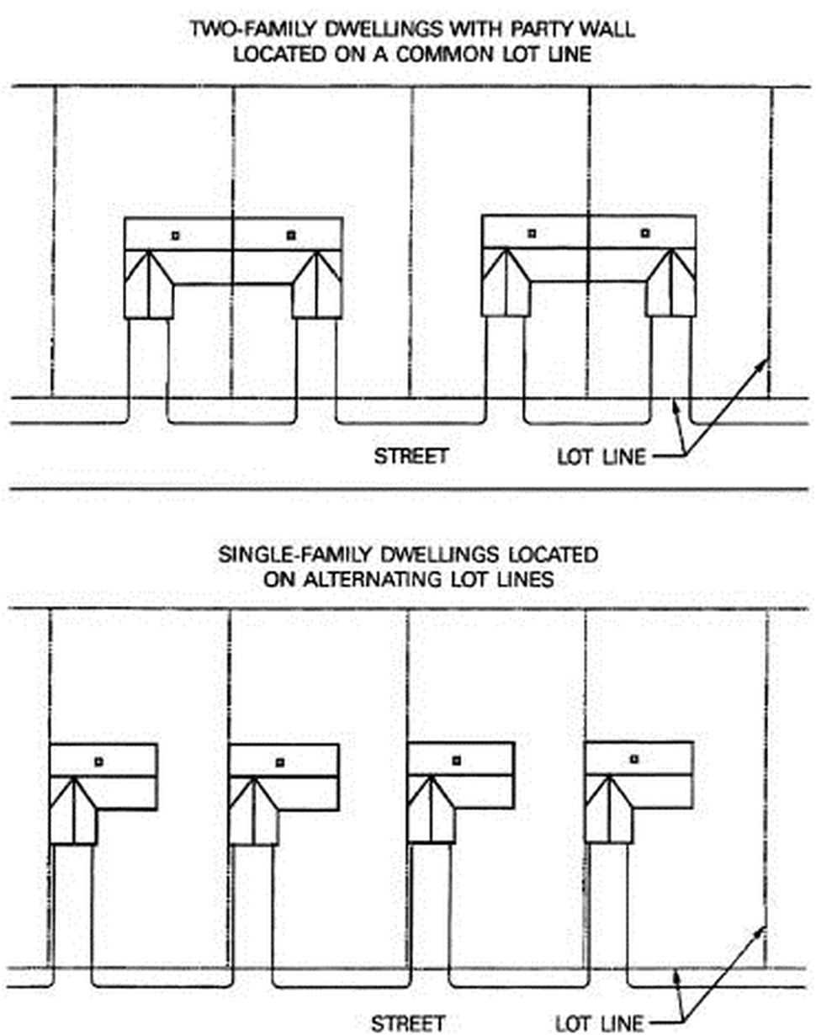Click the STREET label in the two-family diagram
click(x=411, y=457)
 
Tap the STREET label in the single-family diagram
click(x=408, y=1023)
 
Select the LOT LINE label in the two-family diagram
click(x=601, y=458)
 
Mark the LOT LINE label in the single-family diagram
click(x=600, y=1023)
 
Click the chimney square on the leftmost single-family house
click(x=98, y=762)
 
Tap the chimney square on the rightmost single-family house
click(x=634, y=759)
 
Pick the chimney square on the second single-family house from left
click(x=280, y=762)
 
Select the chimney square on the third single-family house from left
click(x=457, y=760)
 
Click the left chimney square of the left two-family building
click(x=175, y=236)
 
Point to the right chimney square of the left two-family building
click(x=291, y=235)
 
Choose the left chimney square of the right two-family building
click(x=532, y=233)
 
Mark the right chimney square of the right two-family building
click(x=645, y=233)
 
